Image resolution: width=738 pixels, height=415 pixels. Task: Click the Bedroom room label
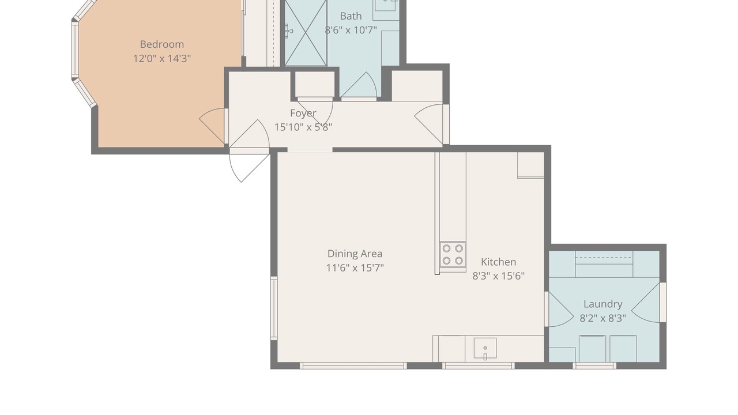(162, 44)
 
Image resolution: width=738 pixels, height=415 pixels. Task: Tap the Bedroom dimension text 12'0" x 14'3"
(162, 59)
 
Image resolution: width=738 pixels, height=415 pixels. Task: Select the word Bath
(351, 16)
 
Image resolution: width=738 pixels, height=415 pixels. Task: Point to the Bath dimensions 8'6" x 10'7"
(351, 31)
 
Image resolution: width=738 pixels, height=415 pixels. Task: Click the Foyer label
(303, 114)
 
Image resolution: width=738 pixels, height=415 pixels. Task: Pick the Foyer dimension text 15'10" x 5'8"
(303, 127)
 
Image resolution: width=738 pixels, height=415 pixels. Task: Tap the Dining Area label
(355, 254)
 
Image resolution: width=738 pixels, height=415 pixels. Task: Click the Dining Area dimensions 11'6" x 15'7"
(355, 268)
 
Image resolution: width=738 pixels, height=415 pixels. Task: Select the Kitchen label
(499, 262)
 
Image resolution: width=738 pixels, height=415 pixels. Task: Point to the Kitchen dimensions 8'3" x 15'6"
(499, 276)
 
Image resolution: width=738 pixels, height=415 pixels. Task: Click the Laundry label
(603, 304)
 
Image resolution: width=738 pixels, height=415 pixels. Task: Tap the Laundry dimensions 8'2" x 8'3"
(603, 318)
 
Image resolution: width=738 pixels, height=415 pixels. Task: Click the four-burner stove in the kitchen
(453, 254)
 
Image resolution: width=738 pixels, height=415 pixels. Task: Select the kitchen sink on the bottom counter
(485, 348)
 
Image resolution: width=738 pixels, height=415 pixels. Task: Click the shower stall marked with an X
(306, 32)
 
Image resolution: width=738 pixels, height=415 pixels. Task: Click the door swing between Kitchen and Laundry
(559, 310)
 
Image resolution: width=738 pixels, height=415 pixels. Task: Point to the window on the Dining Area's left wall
(274, 308)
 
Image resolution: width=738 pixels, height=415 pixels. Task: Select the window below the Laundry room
(594, 365)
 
